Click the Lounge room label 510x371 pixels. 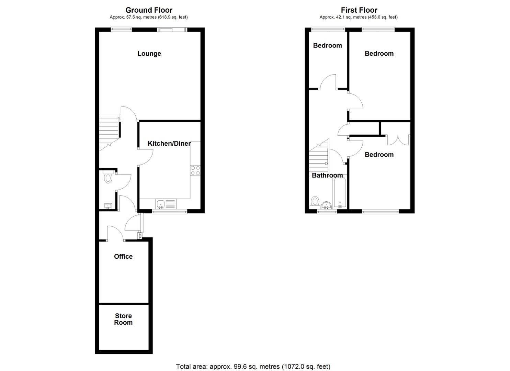[x=149, y=54]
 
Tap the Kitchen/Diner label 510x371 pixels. [x=169, y=144]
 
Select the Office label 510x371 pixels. [x=123, y=257]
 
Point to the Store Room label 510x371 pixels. [x=123, y=319]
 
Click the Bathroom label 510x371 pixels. [x=327, y=176]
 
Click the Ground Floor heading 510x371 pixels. [x=149, y=10]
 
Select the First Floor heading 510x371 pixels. [x=359, y=10]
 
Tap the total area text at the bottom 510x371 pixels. [x=253, y=367]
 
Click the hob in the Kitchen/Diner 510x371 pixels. [x=195, y=170]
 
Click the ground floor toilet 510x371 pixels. [x=108, y=178]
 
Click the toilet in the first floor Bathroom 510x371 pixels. [x=315, y=201]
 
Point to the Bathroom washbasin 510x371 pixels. [x=326, y=205]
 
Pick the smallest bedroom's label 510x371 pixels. [x=327, y=46]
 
